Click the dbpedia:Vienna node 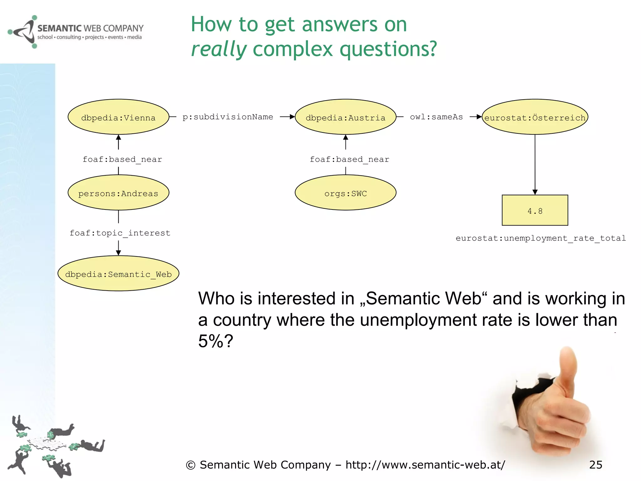click(118, 117)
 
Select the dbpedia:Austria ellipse click(346, 117)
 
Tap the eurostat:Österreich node click(535, 117)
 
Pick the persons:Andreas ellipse click(118, 193)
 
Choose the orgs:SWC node click(346, 193)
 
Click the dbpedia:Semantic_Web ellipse click(118, 273)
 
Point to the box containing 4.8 click(535, 210)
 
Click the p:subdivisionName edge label click(228, 117)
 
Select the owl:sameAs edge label click(436, 117)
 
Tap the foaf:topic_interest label click(120, 233)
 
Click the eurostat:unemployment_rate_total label click(541, 238)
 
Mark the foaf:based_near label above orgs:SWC click(349, 159)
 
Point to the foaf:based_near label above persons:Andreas click(122, 159)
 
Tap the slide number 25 click(596, 465)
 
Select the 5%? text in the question click(216, 341)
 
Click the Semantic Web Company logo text click(90, 28)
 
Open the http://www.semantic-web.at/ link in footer click(425, 465)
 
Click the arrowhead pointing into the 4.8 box click(535, 192)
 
